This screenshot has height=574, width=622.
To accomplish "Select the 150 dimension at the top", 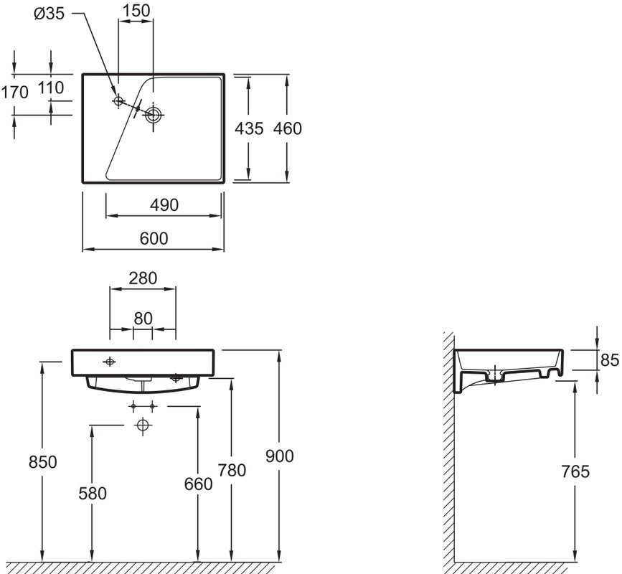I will point(136,11).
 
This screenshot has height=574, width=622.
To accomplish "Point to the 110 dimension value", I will point(51,88).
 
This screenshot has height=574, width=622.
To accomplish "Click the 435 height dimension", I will point(249,128).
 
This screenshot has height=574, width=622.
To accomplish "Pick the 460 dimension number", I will point(288,128).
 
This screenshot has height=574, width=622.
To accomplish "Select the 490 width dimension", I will point(164,205).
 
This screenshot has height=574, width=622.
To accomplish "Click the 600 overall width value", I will point(154,239).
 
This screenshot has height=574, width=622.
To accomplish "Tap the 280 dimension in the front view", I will point(142,278).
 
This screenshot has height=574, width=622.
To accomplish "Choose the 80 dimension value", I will point(143,319).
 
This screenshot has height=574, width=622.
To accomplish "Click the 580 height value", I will point(93,493).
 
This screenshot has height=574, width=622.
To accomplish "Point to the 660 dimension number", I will point(199,484).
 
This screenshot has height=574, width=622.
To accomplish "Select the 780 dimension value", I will point(232,471).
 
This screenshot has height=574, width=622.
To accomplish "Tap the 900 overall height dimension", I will point(280,456).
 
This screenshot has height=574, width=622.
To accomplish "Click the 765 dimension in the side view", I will point(575,471).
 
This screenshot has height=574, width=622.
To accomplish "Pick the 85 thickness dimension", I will point(610,359).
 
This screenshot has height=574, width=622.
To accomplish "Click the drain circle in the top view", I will point(154,114).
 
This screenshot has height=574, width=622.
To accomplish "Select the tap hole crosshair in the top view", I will point(118,101).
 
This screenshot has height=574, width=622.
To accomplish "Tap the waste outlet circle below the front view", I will point(143,426).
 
